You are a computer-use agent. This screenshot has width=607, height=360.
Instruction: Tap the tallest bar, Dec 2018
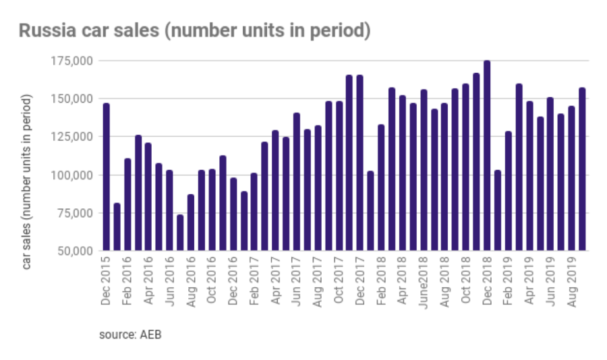[487, 156]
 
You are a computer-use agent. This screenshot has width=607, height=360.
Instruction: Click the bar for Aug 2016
[191, 222]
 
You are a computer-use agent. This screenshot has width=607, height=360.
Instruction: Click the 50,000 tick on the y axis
[74, 251]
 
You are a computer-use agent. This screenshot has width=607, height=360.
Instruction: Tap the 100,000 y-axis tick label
[71, 175]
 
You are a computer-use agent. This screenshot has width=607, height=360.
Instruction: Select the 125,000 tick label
[71, 137]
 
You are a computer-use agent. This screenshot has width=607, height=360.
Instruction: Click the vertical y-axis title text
[27, 182]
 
